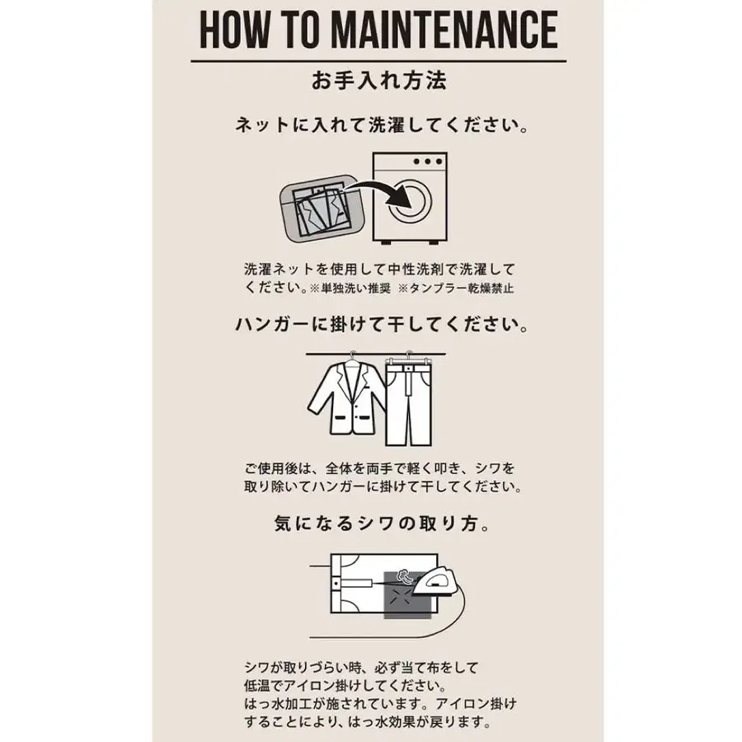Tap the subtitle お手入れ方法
tap(378, 82)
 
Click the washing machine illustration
tap(409, 198)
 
